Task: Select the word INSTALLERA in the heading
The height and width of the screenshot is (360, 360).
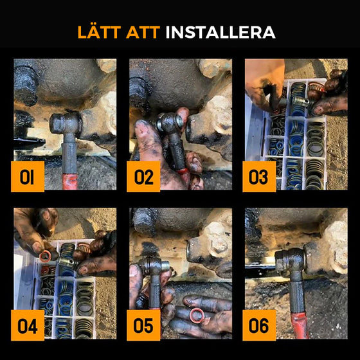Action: click(221, 32)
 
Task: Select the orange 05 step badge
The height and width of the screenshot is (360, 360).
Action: click(143, 325)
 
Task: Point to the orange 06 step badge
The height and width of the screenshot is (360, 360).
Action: click(259, 325)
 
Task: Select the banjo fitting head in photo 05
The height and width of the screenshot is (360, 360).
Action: click(152, 265)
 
